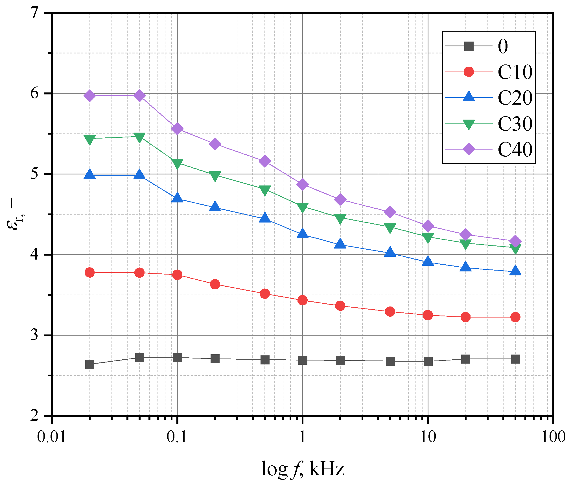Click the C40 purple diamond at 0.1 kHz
(x=177, y=129)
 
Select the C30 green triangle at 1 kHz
(x=303, y=208)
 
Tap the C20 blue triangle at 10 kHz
(x=428, y=261)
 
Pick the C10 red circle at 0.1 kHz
(x=177, y=275)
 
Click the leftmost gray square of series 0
(x=90, y=364)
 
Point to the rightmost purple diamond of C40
(x=515, y=241)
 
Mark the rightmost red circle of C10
(x=515, y=317)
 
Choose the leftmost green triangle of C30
(x=90, y=139)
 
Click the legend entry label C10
(x=515, y=72)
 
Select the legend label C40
(x=515, y=149)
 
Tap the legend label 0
(x=503, y=46)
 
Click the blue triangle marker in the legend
(x=469, y=97)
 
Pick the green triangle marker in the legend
(x=469, y=124)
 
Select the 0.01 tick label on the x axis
(x=52, y=437)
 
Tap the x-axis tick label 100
(x=553, y=437)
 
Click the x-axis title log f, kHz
(x=303, y=469)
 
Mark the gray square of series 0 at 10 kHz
(x=428, y=362)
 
